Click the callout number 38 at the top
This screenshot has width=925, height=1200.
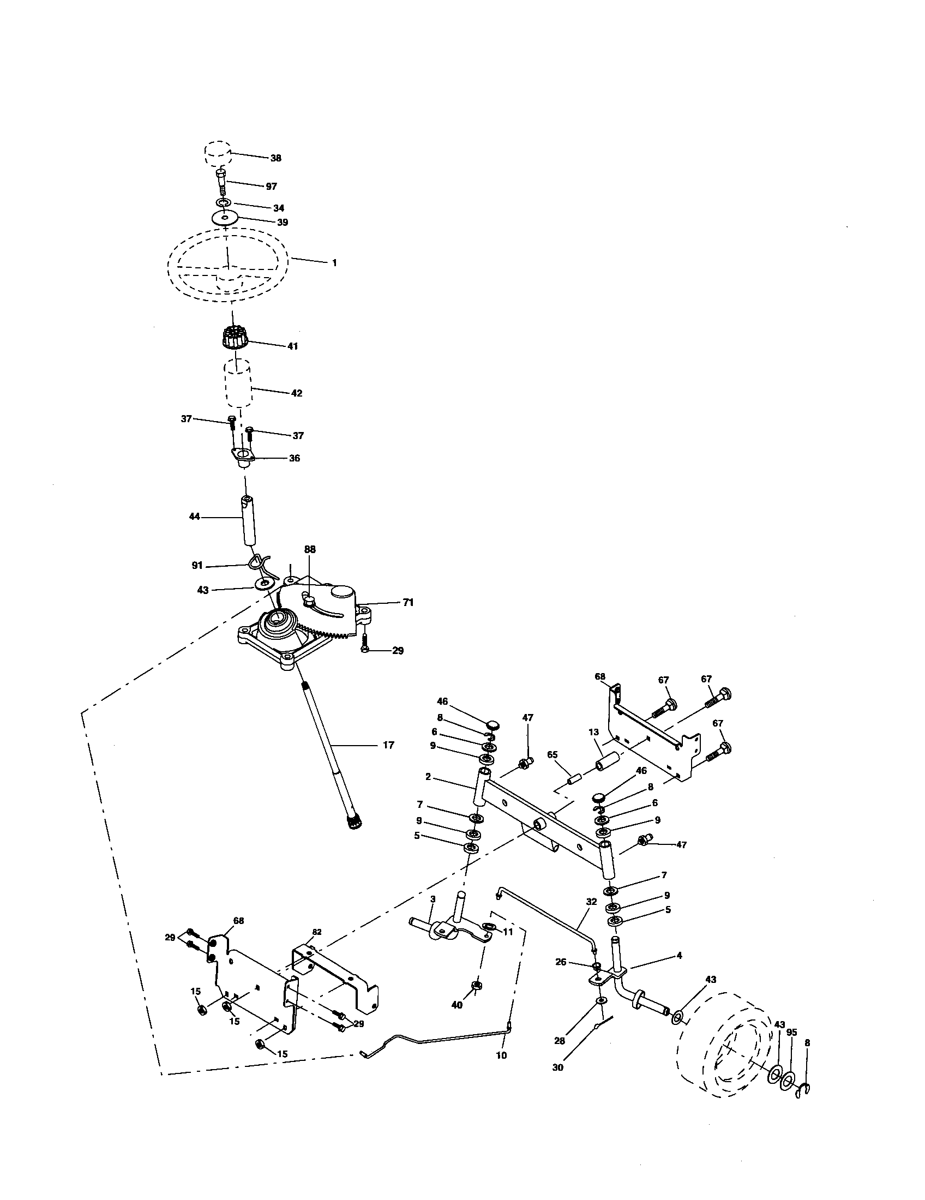[x=275, y=158]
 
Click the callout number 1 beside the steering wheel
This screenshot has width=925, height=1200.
[x=334, y=263]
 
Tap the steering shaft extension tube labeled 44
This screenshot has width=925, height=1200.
[x=249, y=520]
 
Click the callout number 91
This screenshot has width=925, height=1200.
[x=197, y=565]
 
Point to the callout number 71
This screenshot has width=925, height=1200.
[x=407, y=603]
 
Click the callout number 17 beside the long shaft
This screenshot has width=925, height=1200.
[x=388, y=745]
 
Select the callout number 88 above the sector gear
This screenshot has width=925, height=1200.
[x=309, y=549]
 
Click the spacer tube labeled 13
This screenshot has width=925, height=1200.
[x=609, y=764]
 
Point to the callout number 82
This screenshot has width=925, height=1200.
[x=317, y=932]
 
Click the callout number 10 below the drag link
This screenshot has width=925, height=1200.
[x=501, y=1055]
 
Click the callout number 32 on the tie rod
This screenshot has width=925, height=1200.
[x=591, y=902]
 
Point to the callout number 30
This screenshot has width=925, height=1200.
[x=557, y=1067]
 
